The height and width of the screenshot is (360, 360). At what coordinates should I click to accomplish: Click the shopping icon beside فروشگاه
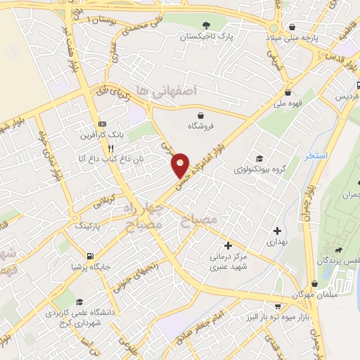click(202, 115)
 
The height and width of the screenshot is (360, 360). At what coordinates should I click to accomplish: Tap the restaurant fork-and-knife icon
click(110, 148)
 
